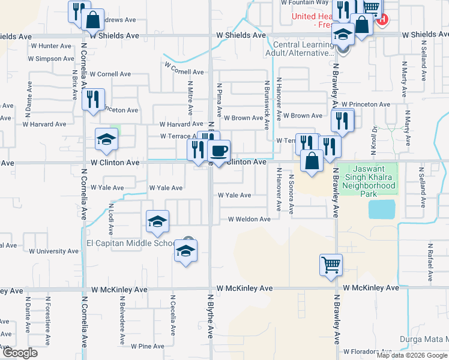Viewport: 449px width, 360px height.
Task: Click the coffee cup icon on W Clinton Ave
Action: click(x=219, y=150)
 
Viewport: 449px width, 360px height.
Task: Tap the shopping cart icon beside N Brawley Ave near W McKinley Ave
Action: click(x=331, y=264)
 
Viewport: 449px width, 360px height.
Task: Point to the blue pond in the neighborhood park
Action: click(x=382, y=209)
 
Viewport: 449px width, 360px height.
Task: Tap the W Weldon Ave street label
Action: click(x=249, y=219)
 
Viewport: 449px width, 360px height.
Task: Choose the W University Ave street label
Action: click(x=53, y=251)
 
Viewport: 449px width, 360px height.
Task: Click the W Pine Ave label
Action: click(x=147, y=346)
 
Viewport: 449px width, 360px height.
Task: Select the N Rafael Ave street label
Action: click(x=430, y=262)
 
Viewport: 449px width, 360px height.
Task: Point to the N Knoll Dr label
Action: click(x=373, y=137)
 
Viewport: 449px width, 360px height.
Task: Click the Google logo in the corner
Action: click(x=19, y=353)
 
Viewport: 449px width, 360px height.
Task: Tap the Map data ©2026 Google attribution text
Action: click(x=412, y=355)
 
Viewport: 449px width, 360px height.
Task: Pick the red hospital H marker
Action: click(x=382, y=19)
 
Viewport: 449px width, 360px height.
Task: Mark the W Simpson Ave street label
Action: click(x=55, y=59)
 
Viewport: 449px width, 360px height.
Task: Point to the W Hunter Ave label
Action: click(x=52, y=46)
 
